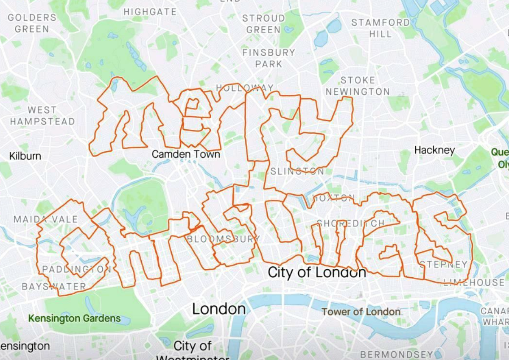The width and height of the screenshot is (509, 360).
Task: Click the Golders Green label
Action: coord(32,23)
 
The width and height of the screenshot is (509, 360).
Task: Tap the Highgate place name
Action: coord(150,12)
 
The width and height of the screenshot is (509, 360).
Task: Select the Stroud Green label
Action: coord(263,24)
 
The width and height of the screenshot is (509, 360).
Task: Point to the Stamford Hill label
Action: coord(380,28)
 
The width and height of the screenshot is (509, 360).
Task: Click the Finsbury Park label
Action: coord(269,58)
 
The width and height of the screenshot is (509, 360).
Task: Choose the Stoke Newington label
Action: coord(358,86)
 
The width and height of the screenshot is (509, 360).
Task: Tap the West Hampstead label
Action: coord(42,115)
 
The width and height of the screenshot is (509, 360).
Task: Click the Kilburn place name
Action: coord(25,156)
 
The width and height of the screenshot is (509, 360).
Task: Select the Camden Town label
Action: coord(186,154)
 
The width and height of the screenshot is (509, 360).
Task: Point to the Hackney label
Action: coord(434,150)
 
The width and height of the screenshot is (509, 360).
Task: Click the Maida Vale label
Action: coord(46,219)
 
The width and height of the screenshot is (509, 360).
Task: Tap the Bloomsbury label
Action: coord(223,239)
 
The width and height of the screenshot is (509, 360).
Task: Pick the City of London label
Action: coord(317,272)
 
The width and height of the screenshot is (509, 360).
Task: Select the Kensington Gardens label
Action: coord(74,318)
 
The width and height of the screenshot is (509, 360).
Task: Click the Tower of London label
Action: coord(361,312)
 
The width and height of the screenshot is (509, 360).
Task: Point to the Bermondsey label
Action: coord(397,354)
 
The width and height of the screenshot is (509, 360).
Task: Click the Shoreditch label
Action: coord(350,223)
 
